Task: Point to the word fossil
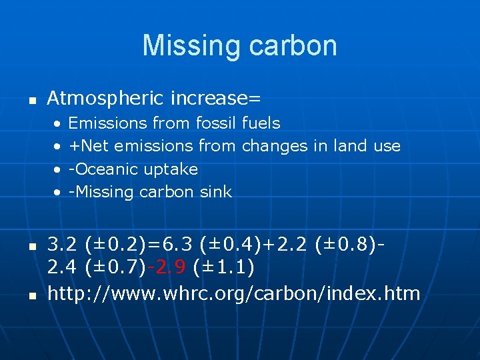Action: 217,123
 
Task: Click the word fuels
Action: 261,123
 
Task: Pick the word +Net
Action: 89,146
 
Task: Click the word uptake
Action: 171,169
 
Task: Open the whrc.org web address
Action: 233,293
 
